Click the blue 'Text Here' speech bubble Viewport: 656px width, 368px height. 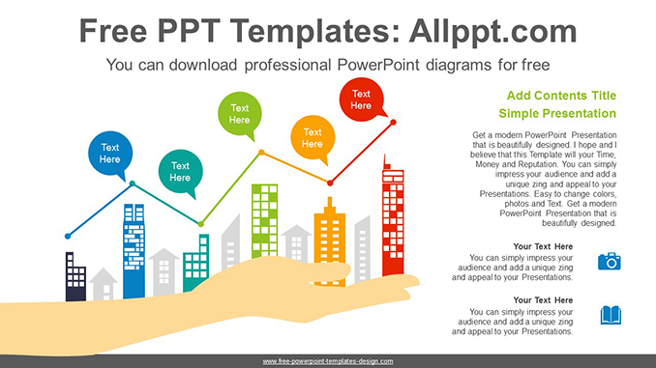pyautogui.click(x=109, y=153)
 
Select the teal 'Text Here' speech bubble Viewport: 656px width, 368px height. pyautogui.click(x=180, y=171)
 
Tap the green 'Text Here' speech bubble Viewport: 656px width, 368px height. pyautogui.click(x=239, y=114)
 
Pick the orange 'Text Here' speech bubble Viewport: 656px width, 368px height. pyautogui.click(x=312, y=138)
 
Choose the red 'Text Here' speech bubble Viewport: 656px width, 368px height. pyautogui.click(x=361, y=99)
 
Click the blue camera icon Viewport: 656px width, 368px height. pyautogui.click(x=610, y=261)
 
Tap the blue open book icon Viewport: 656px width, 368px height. pyautogui.click(x=610, y=315)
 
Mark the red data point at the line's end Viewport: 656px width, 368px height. pyautogui.click(x=393, y=123)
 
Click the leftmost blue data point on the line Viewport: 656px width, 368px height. pyautogui.click(x=68, y=236)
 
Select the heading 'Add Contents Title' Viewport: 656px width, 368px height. pyautogui.click(x=561, y=96)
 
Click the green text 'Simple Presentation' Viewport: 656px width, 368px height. pyautogui.click(x=561, y=113)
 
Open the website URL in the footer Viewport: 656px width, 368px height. pyautogui.click(x=328, y=361)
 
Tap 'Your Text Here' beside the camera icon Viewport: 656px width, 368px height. pyautogui.click(x=543, y=246)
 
